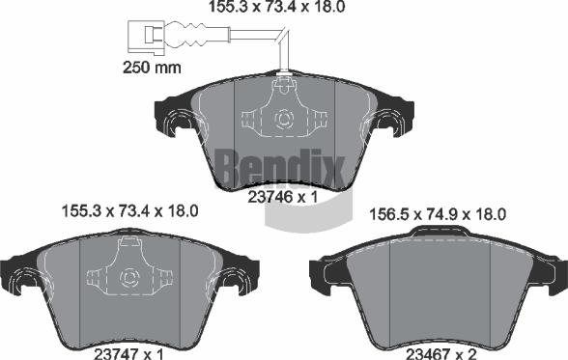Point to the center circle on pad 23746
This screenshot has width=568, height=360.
coord(284,121)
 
